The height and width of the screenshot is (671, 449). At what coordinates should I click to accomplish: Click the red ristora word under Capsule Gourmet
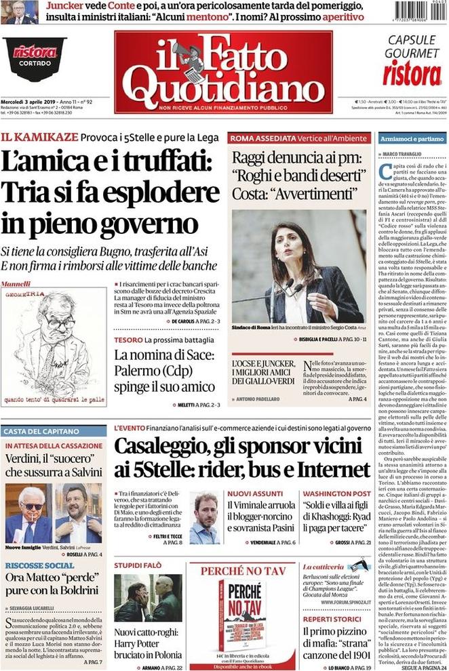(411, 73)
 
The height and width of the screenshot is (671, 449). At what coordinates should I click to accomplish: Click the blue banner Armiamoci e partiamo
(412, 138)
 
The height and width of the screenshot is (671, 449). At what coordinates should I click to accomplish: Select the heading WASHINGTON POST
(336, 493)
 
